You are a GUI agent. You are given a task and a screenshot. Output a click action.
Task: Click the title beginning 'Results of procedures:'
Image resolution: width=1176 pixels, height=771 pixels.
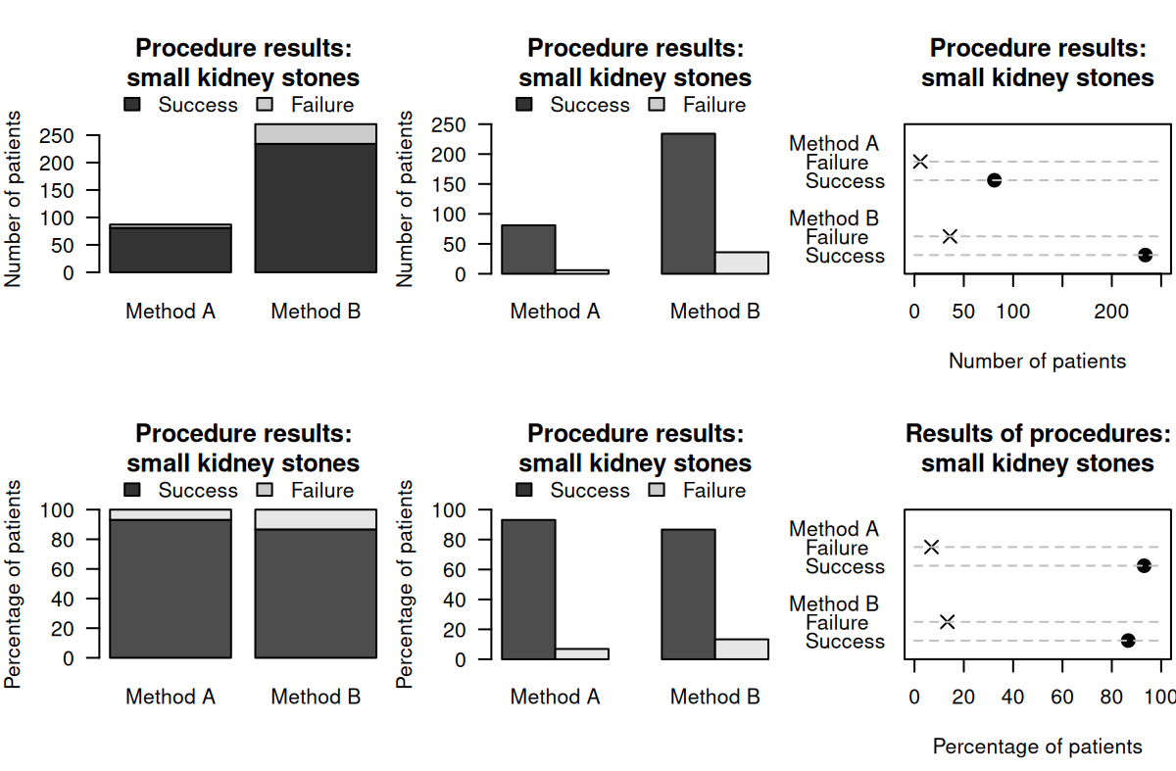click(1037, 434)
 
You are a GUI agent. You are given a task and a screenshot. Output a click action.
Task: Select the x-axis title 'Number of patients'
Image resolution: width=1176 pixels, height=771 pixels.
click(1037, 361)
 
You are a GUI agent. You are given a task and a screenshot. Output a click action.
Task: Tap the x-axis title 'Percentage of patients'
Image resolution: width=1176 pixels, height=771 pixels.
click(1037, 747)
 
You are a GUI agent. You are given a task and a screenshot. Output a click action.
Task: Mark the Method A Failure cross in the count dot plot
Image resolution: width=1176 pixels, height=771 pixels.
click(920, 162)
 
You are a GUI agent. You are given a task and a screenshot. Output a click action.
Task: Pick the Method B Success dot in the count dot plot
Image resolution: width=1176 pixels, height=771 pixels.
click(1145, 255)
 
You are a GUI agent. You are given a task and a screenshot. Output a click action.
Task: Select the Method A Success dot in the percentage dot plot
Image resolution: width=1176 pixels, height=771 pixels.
click(1144, 566)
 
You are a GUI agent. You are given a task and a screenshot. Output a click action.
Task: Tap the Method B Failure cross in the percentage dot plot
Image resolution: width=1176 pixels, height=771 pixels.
click(947, 622)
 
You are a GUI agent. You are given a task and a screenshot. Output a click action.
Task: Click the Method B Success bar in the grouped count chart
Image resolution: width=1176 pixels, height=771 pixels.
click(688, 204)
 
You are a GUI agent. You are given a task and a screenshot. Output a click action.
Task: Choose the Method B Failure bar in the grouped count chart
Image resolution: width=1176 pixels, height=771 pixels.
click(742, 263)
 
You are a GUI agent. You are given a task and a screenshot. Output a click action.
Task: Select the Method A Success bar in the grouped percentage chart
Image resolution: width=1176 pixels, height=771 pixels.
click(528, 589)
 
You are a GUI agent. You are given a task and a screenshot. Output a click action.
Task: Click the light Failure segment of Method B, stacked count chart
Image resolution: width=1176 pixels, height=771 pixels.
click(316, 133)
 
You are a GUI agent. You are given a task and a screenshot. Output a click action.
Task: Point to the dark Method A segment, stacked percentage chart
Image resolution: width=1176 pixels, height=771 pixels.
click(171, 589)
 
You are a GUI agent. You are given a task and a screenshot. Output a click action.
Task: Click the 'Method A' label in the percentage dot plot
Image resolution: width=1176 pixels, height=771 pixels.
click(833, 529)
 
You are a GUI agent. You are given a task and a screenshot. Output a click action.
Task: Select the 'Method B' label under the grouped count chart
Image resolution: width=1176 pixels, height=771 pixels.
click(714, 312)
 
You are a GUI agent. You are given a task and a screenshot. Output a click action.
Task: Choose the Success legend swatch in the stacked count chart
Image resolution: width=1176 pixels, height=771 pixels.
click(132, 104)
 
